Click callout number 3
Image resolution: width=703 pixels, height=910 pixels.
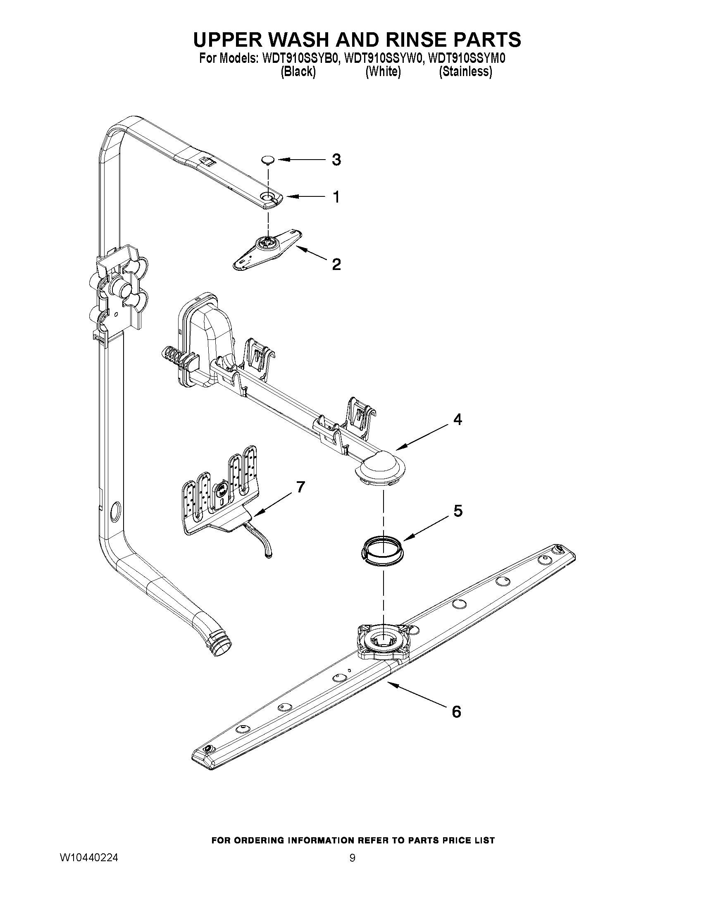point(336,160)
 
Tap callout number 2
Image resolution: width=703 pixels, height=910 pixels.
point(336,264)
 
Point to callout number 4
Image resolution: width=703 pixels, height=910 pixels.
point(457,420)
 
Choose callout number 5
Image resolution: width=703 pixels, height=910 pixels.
point(458,511)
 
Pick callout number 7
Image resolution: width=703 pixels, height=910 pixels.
point(300,486)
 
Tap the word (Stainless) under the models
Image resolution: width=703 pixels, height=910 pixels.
point(466,72)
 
